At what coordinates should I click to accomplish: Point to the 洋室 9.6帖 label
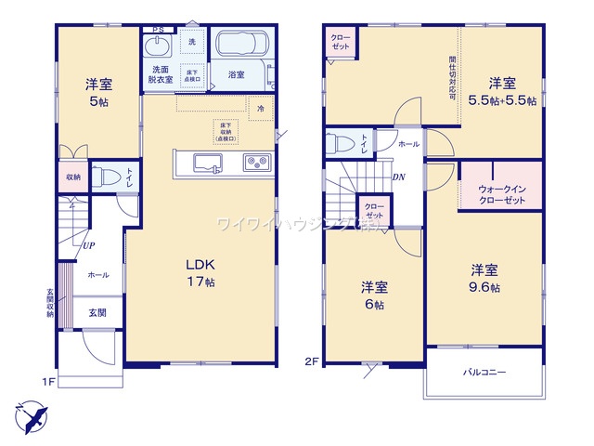(484, 279)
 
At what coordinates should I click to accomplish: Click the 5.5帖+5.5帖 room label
(501, 92)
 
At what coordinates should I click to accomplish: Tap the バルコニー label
(484, 372)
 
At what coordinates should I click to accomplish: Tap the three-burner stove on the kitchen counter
(255, 164)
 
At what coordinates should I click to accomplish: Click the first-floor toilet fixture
(107, 177)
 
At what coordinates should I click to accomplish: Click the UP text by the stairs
(88, 246)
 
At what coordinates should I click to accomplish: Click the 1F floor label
(48, 381)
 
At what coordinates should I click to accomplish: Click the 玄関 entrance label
(97, 313)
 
